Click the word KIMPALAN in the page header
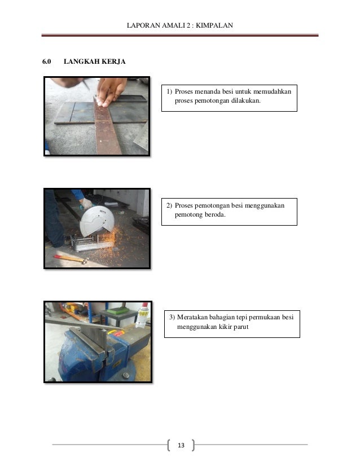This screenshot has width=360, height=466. point(214,25)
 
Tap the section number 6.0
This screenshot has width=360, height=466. point(47,61)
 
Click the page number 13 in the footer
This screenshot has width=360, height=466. point(181,445)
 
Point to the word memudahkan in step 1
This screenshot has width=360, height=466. point(273,91)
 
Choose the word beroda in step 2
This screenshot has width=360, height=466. point(216,214)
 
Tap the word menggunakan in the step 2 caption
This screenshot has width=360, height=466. point(265,205)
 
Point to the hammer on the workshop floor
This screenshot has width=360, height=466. point(71,259)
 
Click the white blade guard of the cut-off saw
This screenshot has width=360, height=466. point(97,221)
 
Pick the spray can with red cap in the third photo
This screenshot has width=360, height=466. point(143,315)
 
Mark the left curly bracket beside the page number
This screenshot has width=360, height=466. point(169,445)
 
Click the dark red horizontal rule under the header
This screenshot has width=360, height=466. point(180,36)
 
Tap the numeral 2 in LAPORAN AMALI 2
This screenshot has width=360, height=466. point(188,25)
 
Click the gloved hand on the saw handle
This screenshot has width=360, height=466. point(86,204)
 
